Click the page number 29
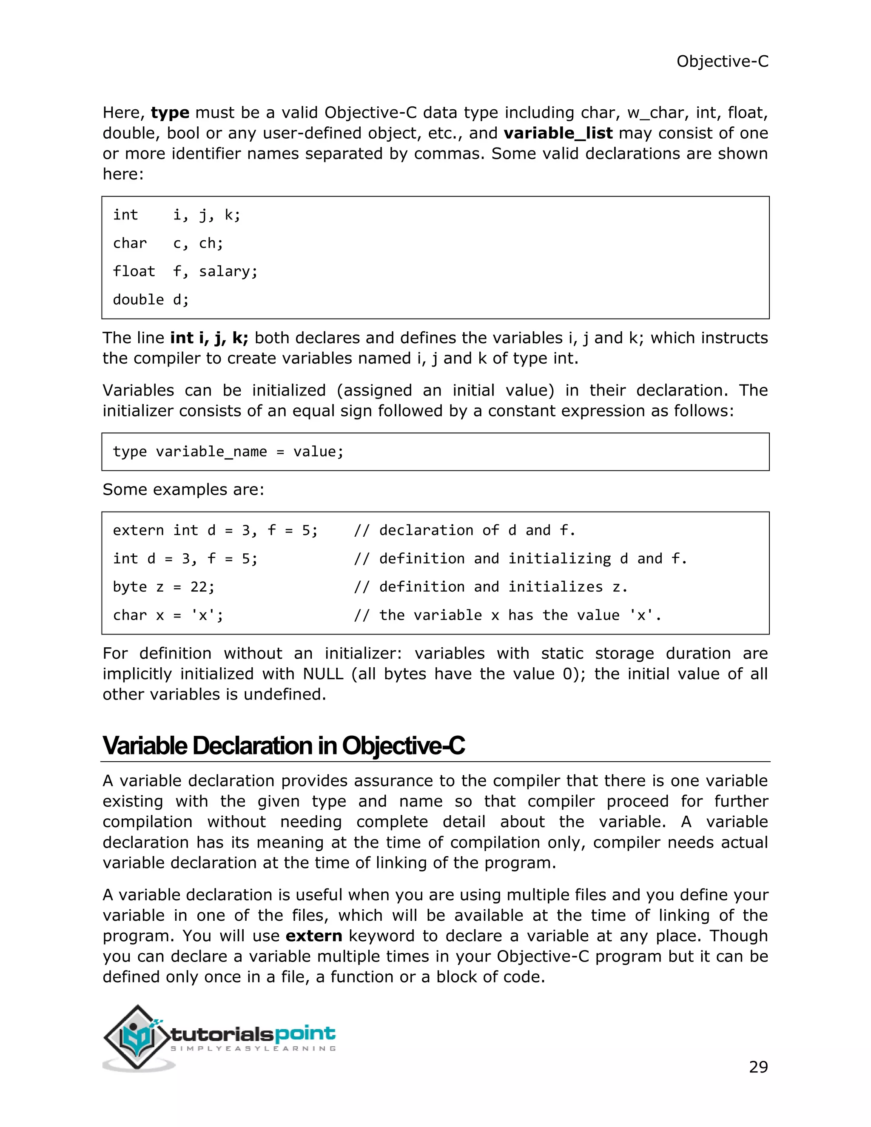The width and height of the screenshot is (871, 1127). click(x=757, y=1067)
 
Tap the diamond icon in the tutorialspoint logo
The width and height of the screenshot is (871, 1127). click(x=137, y=1037)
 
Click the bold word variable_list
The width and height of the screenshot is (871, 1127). click(x=558, y=133)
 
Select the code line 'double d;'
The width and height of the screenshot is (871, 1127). click(x=151, y=299)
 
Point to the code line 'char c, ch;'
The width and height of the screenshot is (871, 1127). click(x=168, y=243)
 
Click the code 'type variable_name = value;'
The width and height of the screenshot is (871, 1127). click(x=228, y=452)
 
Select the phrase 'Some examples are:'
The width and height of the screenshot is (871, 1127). click(x=183, y=489)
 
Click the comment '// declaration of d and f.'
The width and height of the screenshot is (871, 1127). click(x=464, y=530)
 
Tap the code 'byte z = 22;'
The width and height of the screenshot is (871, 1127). click(x=164, y=587)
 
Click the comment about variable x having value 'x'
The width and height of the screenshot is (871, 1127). click(x=507, y=615)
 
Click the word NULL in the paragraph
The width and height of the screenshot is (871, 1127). click(x=323, y=674)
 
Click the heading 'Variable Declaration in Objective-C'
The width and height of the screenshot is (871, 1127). click(x=283, y=746)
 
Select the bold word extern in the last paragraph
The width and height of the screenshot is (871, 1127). click(x=314, y=936)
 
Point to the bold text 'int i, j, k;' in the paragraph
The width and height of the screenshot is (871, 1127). click(x=209, y=338)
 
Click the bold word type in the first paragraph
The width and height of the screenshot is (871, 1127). click(x=170, y=113)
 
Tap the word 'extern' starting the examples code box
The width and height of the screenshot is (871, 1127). click(x=138, y=530)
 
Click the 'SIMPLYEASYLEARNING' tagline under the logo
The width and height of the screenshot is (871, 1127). click(x=253, y=1049)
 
